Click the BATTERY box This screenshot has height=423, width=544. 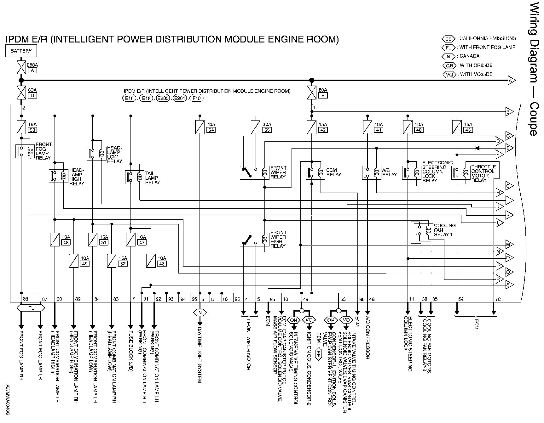click(x=21, y=51)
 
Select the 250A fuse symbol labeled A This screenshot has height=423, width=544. click(x=21, y=67)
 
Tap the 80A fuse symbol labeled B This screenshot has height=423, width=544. click(x=311, y=93)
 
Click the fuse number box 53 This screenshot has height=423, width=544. click(x=32, y=130)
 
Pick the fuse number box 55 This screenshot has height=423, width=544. click(x=267, y=130)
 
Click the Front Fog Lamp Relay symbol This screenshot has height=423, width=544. click(x=25, y=151)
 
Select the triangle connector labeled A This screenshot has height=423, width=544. click(x=511, y=81)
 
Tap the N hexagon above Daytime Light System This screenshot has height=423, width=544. click(x=200, y=313)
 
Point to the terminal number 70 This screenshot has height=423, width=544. click(x=498, y=299)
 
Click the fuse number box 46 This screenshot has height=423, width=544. click(x=162, y=263)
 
